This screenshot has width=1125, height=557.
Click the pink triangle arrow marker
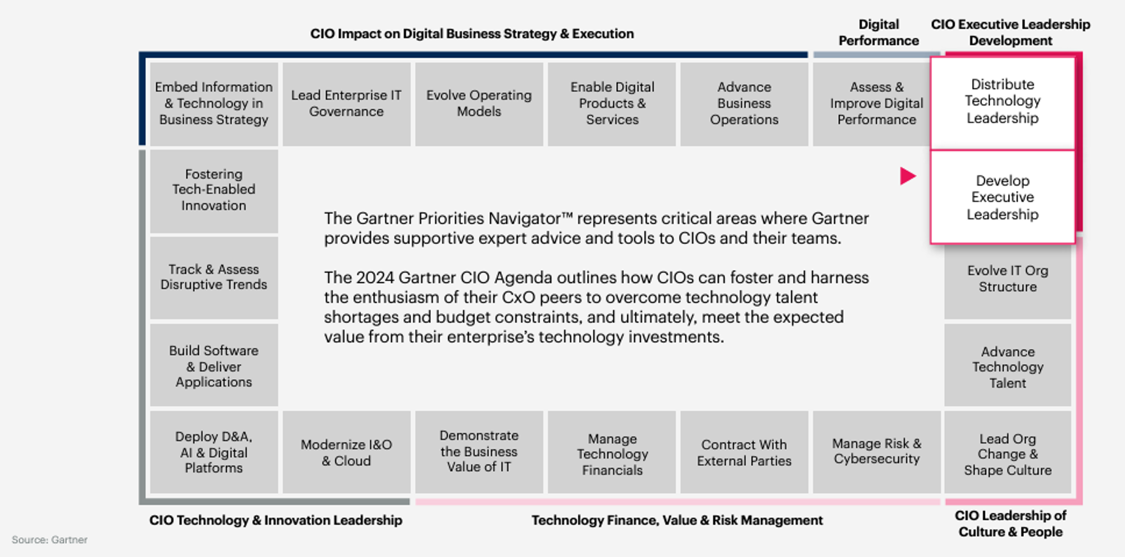907,176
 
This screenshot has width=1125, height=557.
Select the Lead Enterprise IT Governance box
346,104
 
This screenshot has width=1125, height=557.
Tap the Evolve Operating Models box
479,104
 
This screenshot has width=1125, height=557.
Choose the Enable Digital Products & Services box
612,104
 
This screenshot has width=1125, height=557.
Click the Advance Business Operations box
744,104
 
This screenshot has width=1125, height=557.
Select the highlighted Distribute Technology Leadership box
1003,103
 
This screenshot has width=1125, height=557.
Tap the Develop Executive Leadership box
1003,197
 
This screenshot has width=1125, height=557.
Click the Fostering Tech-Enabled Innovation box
214,191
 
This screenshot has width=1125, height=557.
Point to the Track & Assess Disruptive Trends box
214,278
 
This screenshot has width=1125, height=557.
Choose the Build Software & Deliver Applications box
214,365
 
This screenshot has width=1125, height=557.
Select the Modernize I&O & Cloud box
346,452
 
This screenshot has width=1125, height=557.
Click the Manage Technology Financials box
612,452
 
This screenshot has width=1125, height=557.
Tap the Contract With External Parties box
744,452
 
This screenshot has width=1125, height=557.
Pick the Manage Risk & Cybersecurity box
877,452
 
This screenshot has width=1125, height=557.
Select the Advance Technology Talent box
1008,365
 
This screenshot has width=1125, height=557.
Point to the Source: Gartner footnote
49,540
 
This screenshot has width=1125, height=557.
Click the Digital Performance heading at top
878,32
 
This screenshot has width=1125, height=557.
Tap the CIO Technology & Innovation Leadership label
276,521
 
